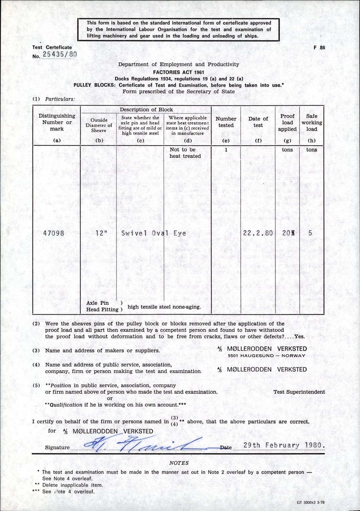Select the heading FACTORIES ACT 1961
[178, 72]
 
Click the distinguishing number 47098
[54, 233]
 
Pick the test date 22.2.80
[258, 233]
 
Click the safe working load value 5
[310, 233]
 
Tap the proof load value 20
[287, 233]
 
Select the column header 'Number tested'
[226, 122]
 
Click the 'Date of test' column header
[258, 122]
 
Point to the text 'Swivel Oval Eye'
[154, 233]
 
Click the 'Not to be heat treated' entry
[185, 153]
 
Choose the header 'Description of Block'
[146, 110]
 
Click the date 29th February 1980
[284, 445]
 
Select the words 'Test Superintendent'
[299, 392]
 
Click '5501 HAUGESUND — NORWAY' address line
[266, 356]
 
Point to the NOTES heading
[179, 463]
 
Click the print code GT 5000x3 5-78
[313, 503]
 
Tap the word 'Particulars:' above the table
[60, 99]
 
